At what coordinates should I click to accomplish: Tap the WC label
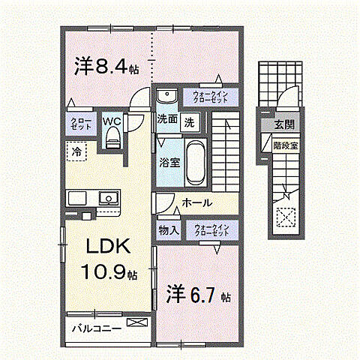point(112,119)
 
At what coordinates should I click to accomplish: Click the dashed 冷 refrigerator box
point(77,151)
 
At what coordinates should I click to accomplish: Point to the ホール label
point(197,203)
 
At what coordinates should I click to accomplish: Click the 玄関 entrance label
point(284,124)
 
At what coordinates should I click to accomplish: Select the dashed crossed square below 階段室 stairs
point(285,217)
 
